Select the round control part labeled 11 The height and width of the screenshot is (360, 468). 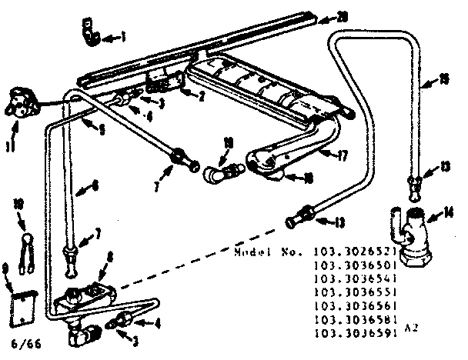[20, 104]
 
